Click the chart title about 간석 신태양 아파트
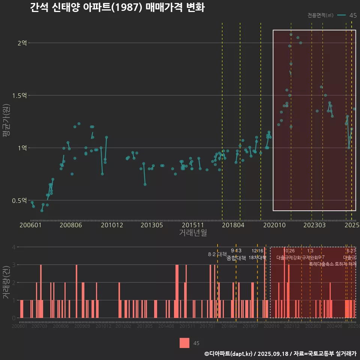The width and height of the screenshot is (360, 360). [117, 7]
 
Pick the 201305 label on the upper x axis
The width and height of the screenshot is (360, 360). [151, 225]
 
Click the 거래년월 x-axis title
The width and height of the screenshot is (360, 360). [193, 233]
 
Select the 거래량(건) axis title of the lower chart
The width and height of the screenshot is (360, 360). [6, 282]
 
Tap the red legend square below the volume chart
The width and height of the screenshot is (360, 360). [184, 343]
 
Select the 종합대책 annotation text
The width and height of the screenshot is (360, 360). [236, 258]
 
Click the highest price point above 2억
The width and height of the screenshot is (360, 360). [291, 34]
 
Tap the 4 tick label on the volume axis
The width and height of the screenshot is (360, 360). [14, 247]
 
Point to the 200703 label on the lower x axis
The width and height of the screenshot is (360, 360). [39, 327]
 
